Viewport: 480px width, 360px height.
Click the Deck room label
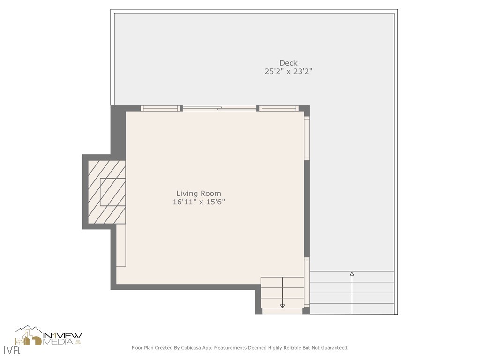288,63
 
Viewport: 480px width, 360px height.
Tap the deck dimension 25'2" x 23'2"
288,72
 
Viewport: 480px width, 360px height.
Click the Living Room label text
199,194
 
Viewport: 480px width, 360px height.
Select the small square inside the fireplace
112,192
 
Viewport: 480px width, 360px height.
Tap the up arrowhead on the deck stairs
352,273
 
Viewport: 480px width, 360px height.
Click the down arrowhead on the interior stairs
282,306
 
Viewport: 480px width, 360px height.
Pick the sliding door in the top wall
219,109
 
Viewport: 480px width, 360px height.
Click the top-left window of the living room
161,108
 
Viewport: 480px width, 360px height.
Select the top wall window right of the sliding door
279,108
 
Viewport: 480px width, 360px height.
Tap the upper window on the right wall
307,138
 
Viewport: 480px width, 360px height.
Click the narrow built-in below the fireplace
121,245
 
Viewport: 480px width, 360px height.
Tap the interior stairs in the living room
282,293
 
